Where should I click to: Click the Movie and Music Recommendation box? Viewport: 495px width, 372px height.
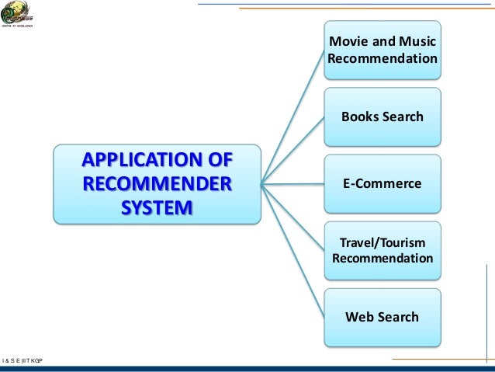coord(382,50)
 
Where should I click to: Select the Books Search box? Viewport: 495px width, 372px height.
coord(382,116)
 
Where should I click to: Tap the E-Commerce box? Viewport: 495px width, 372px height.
coord(382,183)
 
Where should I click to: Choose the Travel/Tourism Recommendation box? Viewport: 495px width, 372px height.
coord(382,249)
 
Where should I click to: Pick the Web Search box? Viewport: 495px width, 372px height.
coord(382,317)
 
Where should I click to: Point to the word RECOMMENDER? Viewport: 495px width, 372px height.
coord(157,185)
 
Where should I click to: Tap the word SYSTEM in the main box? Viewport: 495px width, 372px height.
coord(157,208)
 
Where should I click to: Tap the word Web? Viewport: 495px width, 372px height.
coord(359,317)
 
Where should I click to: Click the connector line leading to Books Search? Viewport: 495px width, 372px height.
coord(292,150)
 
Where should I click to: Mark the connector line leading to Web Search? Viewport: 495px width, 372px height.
coord(292,250)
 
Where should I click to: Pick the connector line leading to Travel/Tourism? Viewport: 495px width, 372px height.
coord(292,217)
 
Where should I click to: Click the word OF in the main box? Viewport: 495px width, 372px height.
coord(220,161)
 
